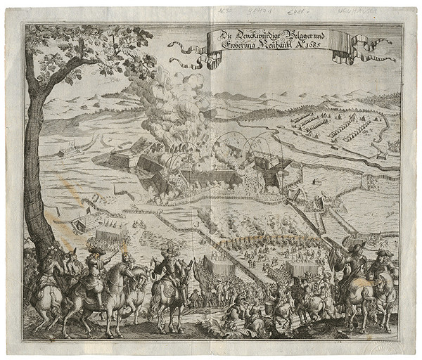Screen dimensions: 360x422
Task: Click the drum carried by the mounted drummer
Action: [167, 289]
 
